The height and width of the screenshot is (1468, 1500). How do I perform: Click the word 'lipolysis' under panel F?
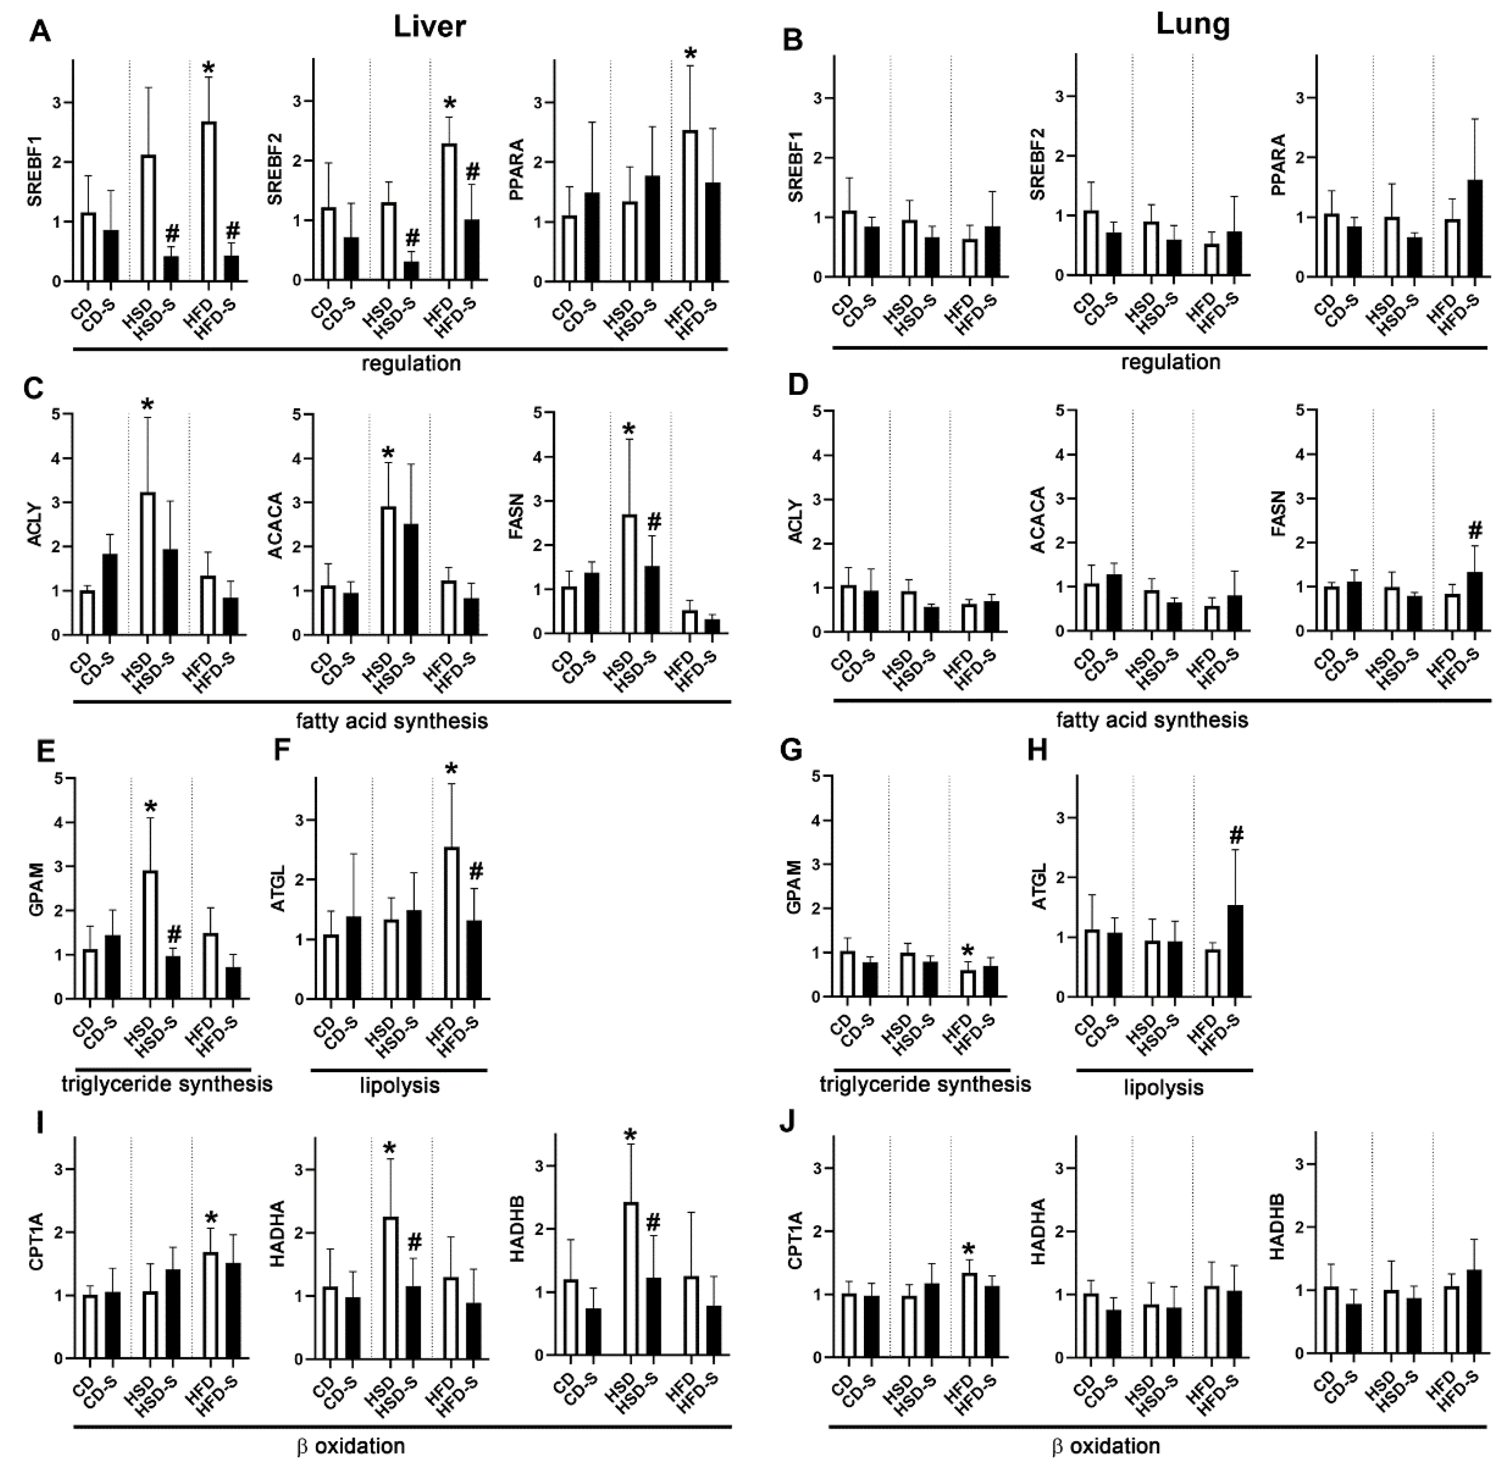pos(399,1086)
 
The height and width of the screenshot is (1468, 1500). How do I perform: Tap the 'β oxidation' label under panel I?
pos(351,1446)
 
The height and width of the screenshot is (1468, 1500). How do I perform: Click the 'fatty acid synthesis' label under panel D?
pos(1152,720)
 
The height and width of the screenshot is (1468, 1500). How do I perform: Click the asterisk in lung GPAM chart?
pos(969,952)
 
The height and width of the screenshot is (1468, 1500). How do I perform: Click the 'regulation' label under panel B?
pos(1171,362)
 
